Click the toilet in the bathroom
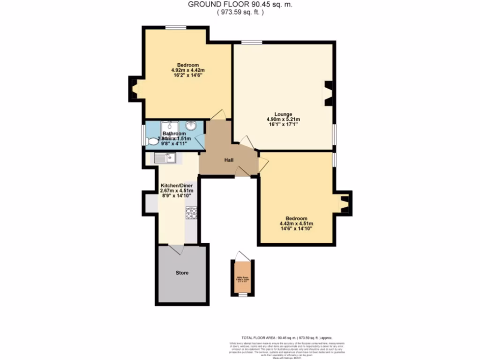152,141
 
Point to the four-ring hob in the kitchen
191,213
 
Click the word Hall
229,160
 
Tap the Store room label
182,272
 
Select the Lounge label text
284,114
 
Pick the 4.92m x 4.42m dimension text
188,71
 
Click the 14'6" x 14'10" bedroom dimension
296,229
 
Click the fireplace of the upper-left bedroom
135,89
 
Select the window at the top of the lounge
252,43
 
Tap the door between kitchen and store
176,249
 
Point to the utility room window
242,295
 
